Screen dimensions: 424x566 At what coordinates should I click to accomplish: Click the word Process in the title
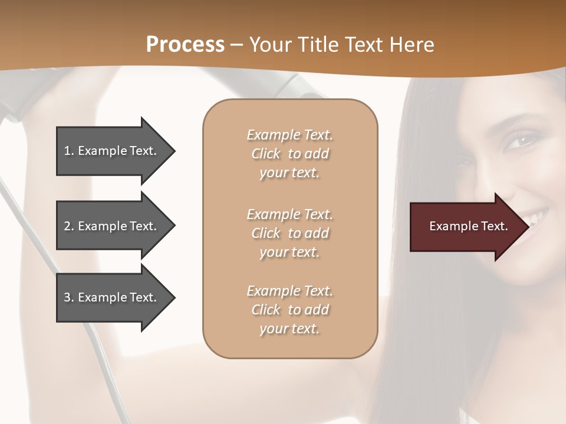[x=185, y=45]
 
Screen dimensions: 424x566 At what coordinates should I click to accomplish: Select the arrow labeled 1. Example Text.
[x=110, y=151]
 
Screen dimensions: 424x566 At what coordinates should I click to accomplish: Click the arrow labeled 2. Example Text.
[x=110, y=226]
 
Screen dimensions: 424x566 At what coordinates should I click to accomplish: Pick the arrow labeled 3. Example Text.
[x=110, y=297]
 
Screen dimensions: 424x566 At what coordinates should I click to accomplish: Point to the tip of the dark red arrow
[x=528, y=227]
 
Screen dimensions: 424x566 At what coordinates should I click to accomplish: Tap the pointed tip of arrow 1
[x=174, y=151]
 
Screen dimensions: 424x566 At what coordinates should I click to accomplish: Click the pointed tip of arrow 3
[x=174, y=297]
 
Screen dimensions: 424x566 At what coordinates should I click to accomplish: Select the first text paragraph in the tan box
[x=289, y=154]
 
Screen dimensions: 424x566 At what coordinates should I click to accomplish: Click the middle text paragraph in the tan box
[x=289, y=233]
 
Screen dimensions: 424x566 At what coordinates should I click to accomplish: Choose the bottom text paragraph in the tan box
[x=289, y=310]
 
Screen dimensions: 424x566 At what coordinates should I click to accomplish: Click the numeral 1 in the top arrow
[x=67, y=151]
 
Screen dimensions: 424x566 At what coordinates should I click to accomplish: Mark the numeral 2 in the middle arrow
[x=67, y=226]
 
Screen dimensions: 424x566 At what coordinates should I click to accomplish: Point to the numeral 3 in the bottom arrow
[x=67, y=297]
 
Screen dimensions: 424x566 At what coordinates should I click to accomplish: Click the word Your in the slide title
[x=269, y=45]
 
